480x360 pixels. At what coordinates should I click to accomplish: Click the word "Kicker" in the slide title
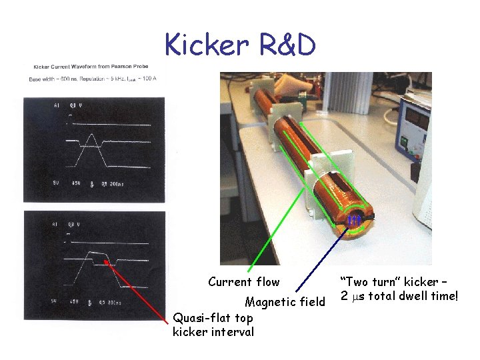pos(205,45)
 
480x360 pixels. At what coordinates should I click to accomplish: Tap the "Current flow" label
pos(243,282)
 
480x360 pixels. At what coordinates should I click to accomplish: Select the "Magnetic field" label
pos(285,302)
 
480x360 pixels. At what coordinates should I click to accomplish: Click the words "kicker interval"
pos(213,331)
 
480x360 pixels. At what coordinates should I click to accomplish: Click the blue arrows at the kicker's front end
pos(354,219)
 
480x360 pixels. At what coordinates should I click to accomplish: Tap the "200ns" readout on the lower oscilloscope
pos(114,302)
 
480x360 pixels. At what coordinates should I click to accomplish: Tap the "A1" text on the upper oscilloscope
pos(56,105)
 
